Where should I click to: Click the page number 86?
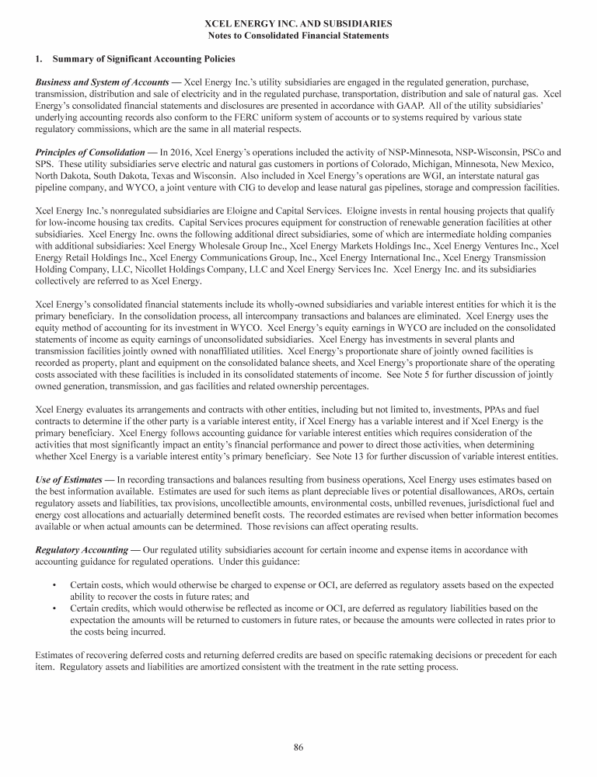298,747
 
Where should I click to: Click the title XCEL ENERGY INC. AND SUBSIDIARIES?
298,25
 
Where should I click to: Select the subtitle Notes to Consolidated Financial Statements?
298,36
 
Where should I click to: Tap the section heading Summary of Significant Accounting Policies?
143,59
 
